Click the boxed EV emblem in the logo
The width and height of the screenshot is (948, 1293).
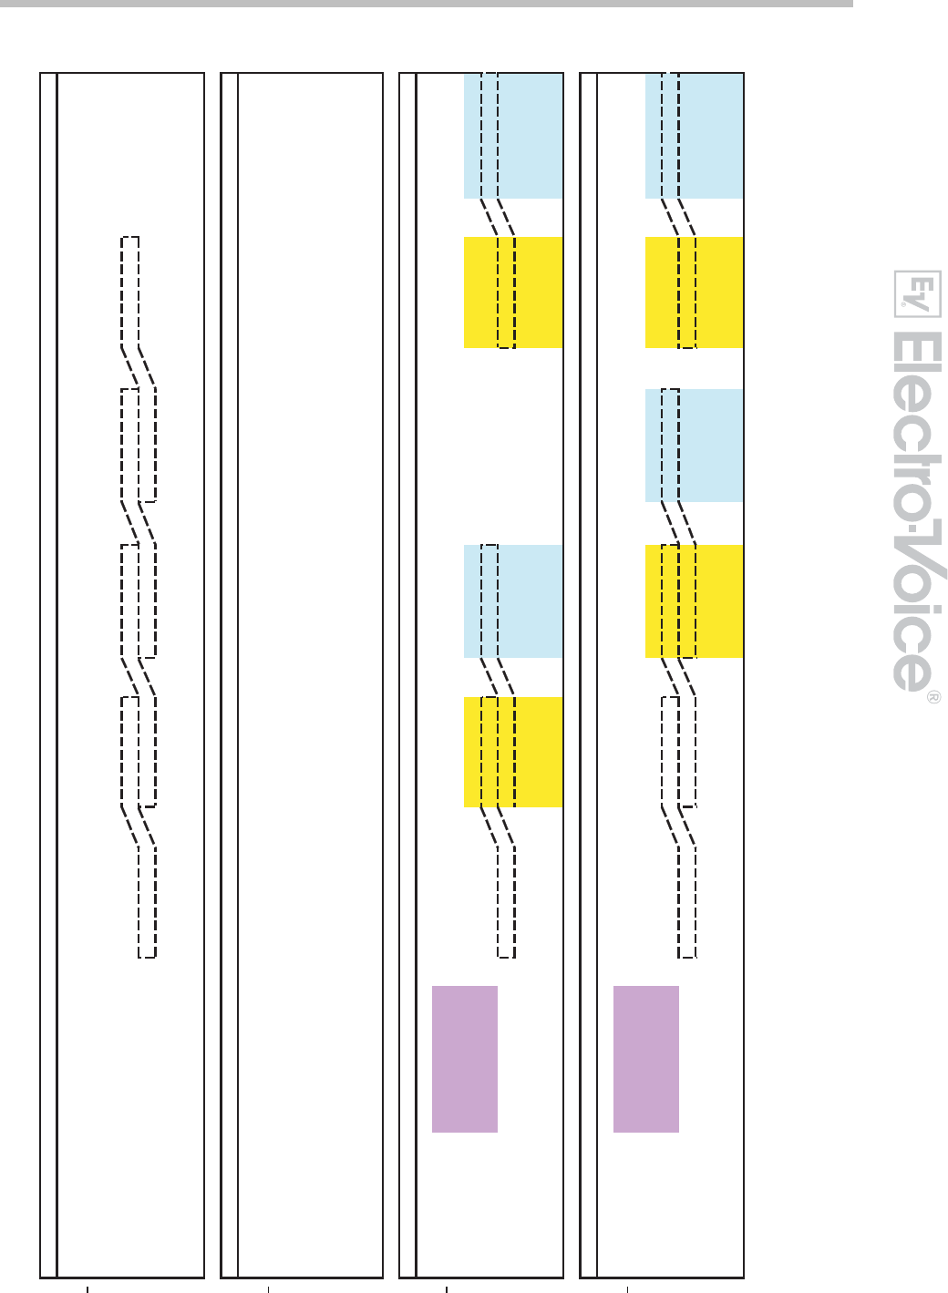[917, 293]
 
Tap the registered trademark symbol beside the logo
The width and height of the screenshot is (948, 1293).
[933, 697]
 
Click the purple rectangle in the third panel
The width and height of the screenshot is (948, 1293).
[464, 1059]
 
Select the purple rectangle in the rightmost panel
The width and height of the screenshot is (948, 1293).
[645, 1059]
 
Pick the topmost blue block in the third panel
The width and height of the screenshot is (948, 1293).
[513, 136]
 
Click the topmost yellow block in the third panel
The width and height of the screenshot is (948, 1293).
[513, 292]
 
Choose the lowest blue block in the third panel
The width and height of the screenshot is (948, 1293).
[513, 601]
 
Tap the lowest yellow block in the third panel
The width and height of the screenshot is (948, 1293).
[513, 752]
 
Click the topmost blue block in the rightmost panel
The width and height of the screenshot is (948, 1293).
[694, 136]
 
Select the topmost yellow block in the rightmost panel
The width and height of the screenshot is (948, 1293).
[694, 292]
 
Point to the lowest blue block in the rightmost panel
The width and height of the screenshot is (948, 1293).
[694, 446]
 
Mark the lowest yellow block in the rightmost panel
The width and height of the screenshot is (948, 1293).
[694, 601]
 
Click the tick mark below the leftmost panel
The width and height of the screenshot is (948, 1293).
[88, 1287]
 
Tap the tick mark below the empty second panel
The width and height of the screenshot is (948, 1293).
[268, 1287]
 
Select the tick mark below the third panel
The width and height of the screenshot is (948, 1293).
[447, 1287]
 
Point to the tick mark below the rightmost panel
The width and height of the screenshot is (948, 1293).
[628, 1287]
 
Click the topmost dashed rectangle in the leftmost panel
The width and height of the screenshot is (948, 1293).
[130, 292]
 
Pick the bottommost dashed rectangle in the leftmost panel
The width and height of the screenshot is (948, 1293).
[147, 902]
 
